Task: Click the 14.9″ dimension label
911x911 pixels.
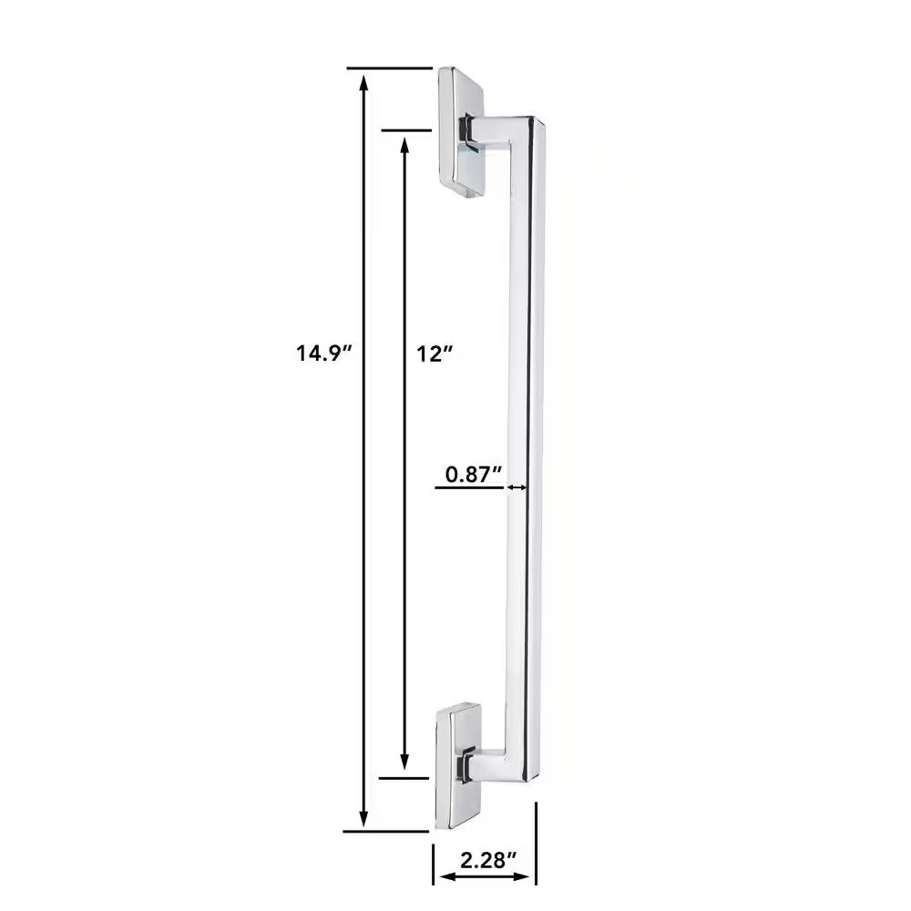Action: tap(324, 353)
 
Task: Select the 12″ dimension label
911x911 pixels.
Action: tap(434, 353)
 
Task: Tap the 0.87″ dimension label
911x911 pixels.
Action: tap(473, 475)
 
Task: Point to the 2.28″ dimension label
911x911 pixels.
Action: tap(488, 859)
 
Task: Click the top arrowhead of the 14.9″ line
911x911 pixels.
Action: tap(364, 83)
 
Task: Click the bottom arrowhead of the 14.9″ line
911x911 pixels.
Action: tap(363, 817)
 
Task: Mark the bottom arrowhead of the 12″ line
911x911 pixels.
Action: tap(404, 761)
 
